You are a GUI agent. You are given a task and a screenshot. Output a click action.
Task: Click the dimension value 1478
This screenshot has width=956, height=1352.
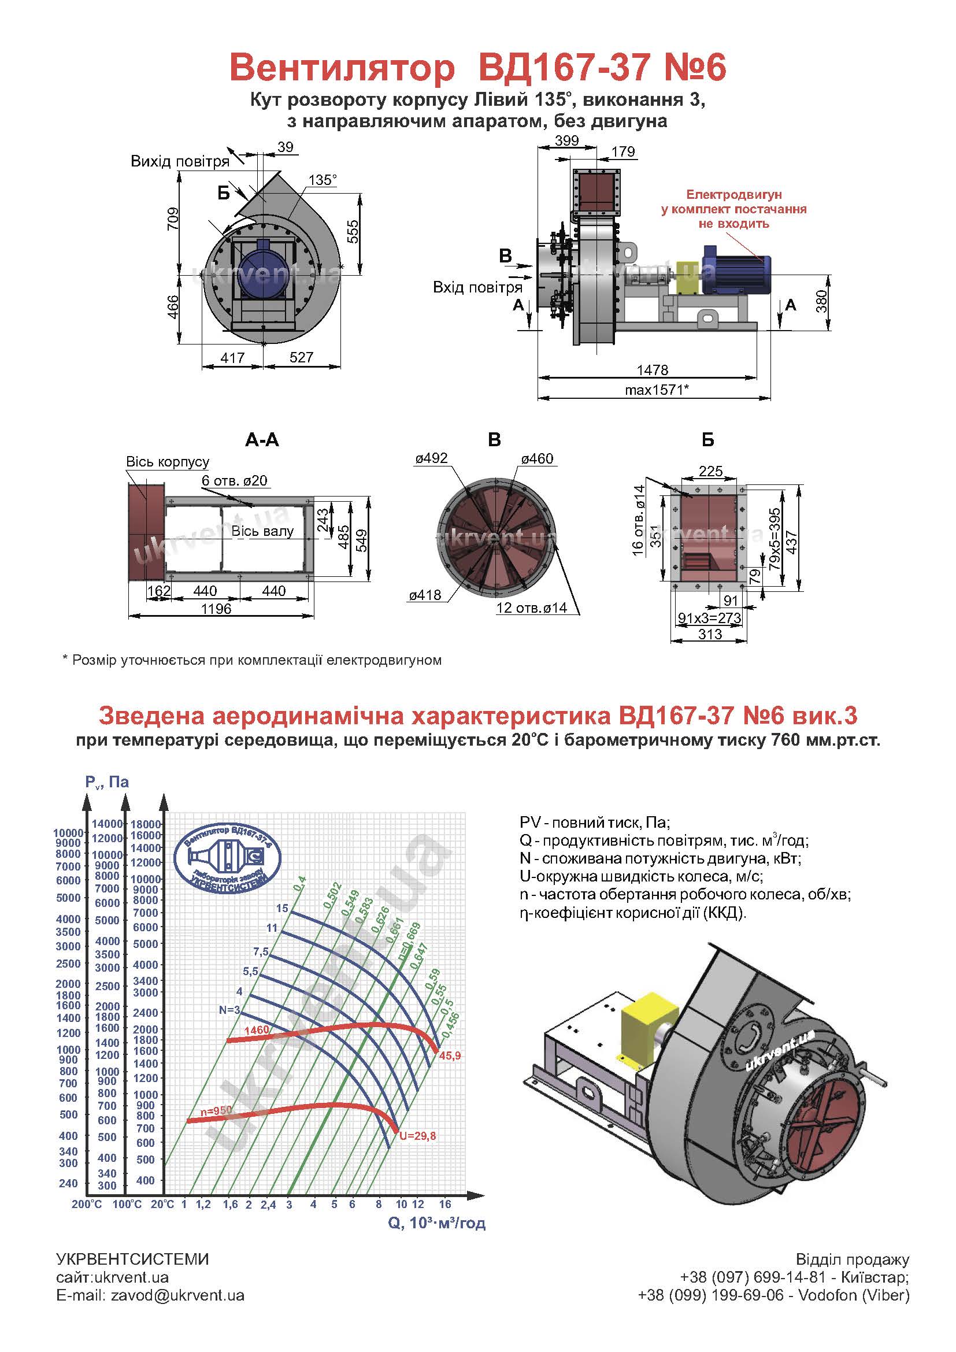tap(652, 370)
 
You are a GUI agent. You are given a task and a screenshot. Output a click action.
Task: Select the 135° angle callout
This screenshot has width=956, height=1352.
tap(323, 180)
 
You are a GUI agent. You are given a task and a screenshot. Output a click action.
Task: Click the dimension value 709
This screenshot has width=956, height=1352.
tap(172, 219)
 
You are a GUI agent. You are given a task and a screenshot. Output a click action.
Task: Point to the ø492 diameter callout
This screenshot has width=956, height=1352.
tap(431, 458)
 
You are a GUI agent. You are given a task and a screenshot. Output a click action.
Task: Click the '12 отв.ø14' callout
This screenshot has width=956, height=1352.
tap(531, 608)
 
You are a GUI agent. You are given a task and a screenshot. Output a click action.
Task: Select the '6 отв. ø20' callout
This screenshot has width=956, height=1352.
tap(234, 480)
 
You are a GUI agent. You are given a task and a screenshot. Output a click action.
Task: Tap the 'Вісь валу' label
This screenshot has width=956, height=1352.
tap(262, 531)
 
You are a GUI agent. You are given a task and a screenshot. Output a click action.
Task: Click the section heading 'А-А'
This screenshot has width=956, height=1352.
tap(262, 440)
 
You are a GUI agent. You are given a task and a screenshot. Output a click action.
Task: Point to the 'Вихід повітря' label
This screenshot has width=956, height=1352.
tap(180, 161)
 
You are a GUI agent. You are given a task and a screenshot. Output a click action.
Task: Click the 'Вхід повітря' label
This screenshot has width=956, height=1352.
tap(477, 287)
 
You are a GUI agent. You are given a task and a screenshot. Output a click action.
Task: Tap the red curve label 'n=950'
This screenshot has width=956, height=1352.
tap(216, 1110)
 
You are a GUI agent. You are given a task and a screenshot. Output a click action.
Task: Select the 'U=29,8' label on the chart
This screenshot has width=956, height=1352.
tap(417, 1136)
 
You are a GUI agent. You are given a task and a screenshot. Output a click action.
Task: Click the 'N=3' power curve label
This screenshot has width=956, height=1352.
tap(229, 1010)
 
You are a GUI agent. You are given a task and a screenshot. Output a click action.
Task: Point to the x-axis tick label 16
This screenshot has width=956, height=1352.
tap(444, 1204)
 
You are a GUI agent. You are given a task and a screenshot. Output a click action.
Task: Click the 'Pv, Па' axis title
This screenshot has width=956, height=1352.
tap(107, 782)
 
